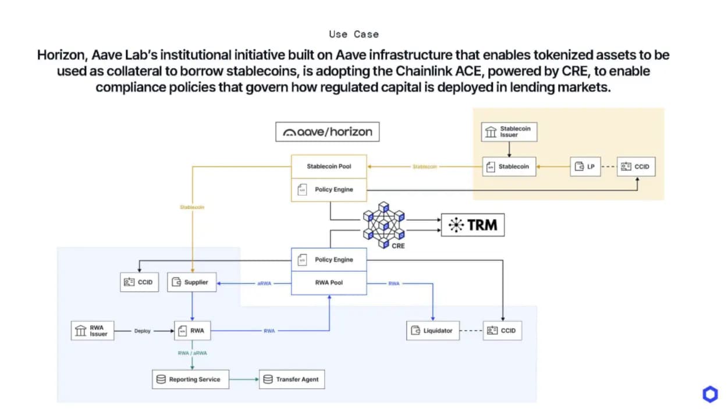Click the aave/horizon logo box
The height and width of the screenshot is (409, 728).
coord(327,132)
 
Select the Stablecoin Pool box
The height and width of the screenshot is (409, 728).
coord(329,166)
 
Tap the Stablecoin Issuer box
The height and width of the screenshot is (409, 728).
coord(509,132)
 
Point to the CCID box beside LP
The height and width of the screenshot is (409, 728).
coord(634,167)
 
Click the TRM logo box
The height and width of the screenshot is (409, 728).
coord(473,225)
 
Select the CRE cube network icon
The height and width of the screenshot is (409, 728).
coord(383,223)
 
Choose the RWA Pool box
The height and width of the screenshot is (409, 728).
coord(329,283)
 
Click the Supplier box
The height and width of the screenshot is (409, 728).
coord(191,282)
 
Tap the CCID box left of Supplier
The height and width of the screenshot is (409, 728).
coord(139,282)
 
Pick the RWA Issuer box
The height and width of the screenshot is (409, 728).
coord(93,331)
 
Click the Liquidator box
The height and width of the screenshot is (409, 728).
coord(432,331)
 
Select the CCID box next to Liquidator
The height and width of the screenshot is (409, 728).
coord(502,331)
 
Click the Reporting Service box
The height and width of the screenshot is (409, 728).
coord(190,379)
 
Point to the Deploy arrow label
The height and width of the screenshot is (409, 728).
coord(143,331)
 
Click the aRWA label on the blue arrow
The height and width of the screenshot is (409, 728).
coord(264,283)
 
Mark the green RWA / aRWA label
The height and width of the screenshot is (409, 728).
coord(191,353)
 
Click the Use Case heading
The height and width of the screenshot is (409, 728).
coord(354,34)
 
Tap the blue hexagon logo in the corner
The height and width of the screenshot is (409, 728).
coord(710,394)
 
